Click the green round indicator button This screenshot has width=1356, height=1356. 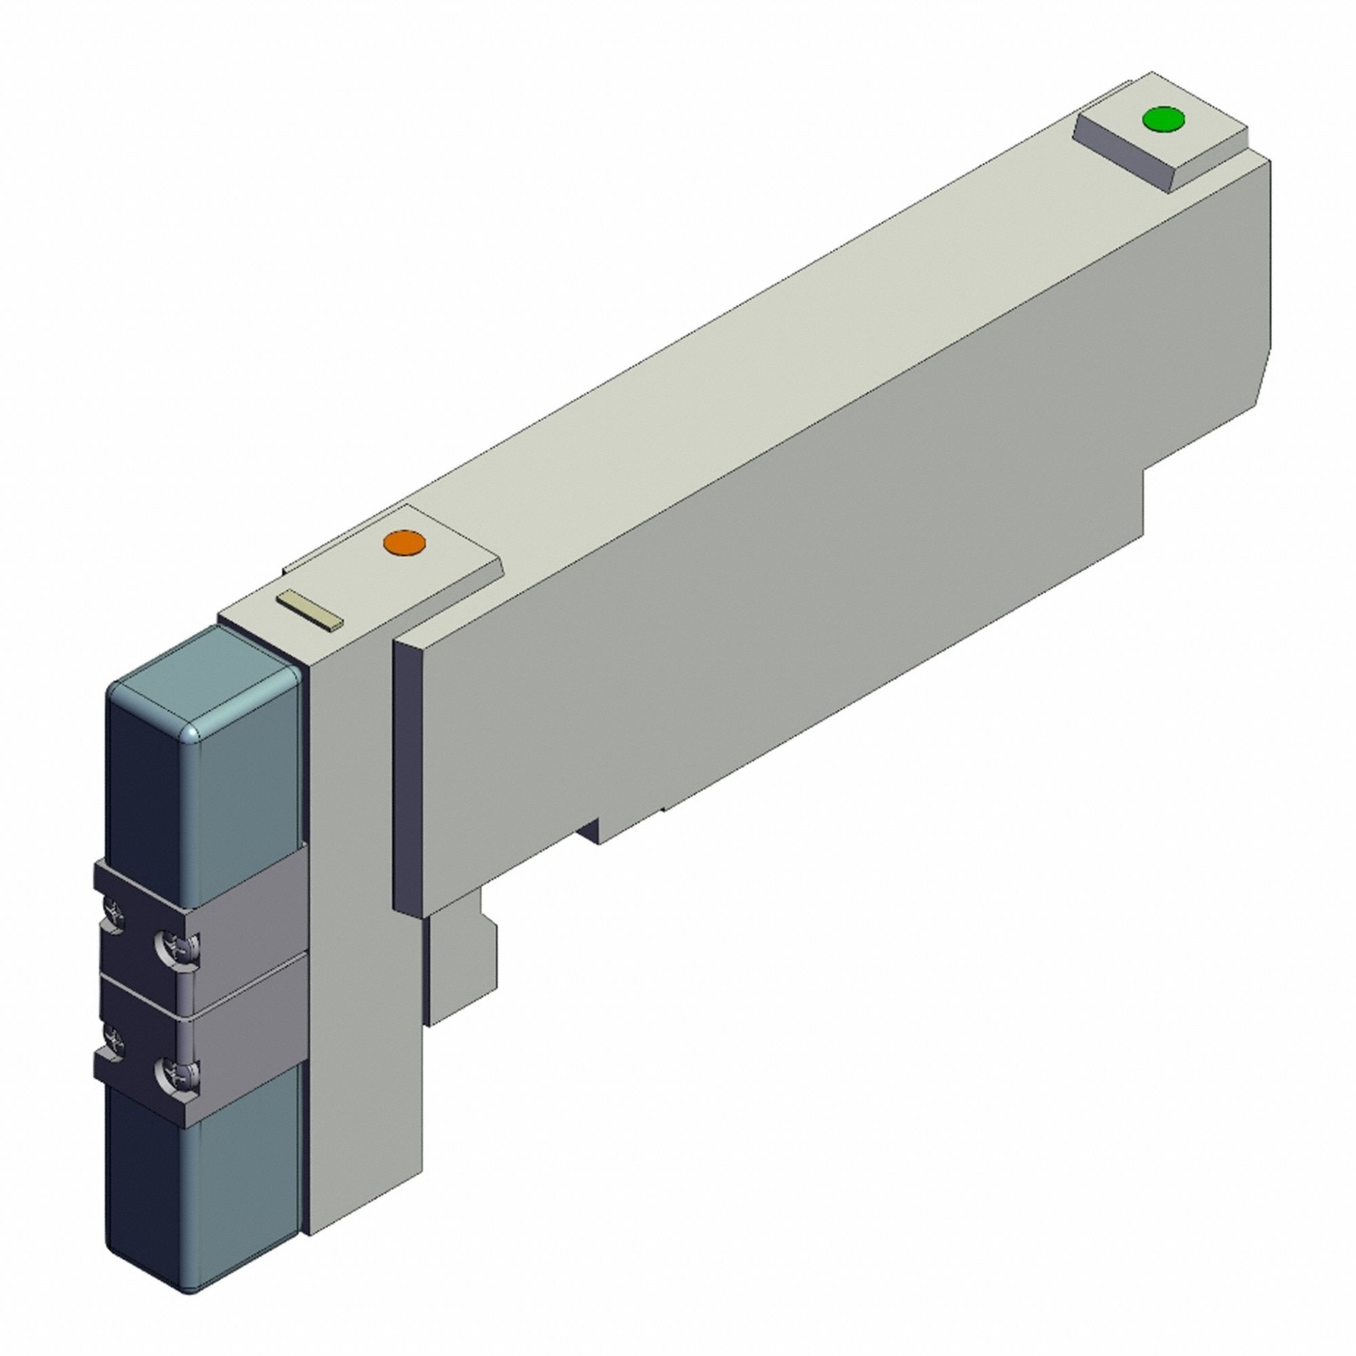pyautogui.click(x=1163, y=119)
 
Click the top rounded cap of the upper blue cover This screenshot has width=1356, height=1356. pyautogui.click(x=203, y=674)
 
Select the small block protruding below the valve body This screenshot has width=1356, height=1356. pyautogui.click(x=460, y=969)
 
